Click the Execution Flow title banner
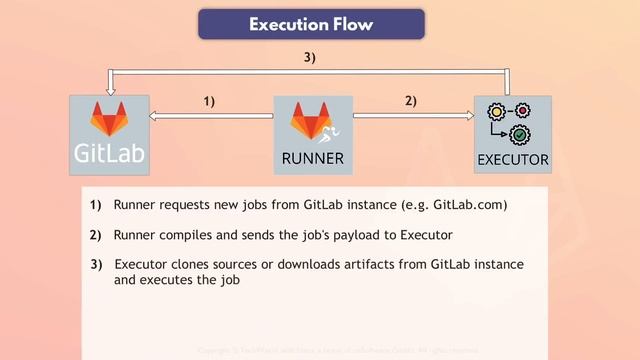[x=311, y=24]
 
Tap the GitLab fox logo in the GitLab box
[x=109, y=118]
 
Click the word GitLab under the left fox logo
[x=109, y=154]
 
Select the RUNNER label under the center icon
[x=312, y=157]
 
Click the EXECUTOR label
[x=512, y=159]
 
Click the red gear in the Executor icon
[x=521, y=109]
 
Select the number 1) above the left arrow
[x=210, y=101]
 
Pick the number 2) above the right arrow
[x=411, y=101]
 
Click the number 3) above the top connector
[x=310, y=57]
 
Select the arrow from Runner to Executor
[x=413, y=117]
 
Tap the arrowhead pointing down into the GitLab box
[x=108, y=86]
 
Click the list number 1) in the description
[x=96, y=206]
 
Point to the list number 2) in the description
[x=96, y=235]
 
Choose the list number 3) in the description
[x=96, y=264]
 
